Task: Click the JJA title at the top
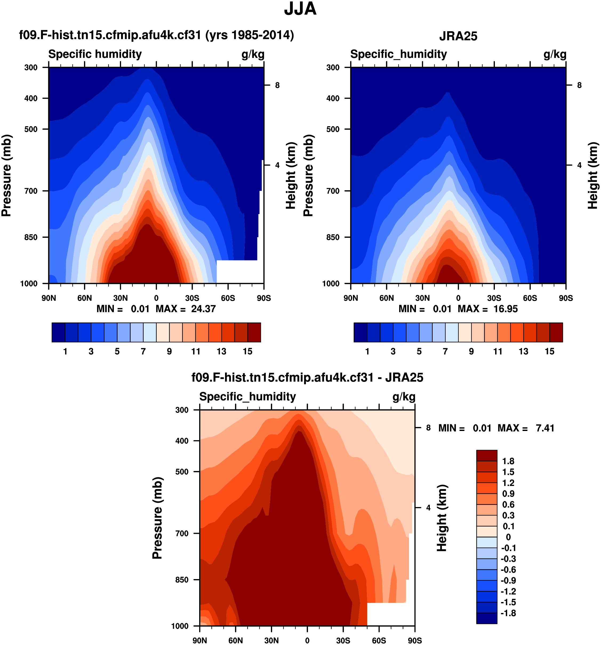300,9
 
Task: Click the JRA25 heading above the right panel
458,36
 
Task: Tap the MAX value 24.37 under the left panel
203,309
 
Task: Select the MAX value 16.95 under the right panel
505,309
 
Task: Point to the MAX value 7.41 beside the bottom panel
545,428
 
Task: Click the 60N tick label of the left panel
85,298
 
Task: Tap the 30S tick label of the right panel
494,298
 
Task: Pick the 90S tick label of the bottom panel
415,640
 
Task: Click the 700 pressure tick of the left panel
31,191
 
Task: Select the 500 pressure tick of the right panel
333,129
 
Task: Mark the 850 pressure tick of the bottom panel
182,580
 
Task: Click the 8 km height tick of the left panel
277,85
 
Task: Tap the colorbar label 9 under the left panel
169,351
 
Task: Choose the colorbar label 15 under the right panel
550,351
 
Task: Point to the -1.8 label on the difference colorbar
508,613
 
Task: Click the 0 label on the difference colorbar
508,537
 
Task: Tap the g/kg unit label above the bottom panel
404,397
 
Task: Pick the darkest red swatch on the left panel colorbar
254,332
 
